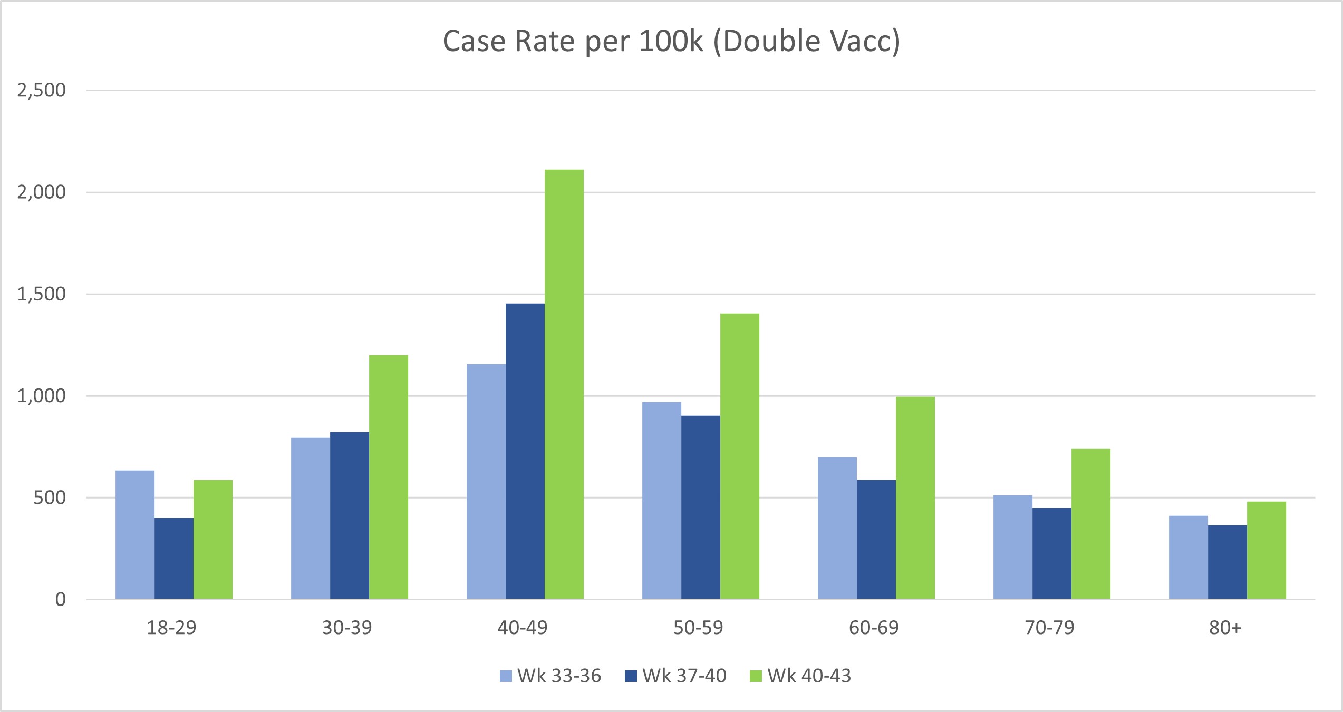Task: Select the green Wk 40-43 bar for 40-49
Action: pyautogui.click(x=564, y=384)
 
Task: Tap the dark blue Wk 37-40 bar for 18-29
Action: pyautogui.click(x=174, y=558)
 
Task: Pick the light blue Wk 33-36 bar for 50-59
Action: pyautogui.click(x=661, y=500)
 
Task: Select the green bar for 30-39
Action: pyautogui.click(x=388, y=477)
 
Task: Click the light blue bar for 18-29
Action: pyautogui.click(x=135, y=534)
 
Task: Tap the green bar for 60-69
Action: pyautogui.click(x=915, y=498)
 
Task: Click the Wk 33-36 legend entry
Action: pyautogui.click(x=550, y=676)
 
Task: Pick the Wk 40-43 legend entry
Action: pyautogui.click(x=800, y=676)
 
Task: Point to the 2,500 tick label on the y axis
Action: pyautogui.click(x=42, y=91)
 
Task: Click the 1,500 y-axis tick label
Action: pyautogui.click(x=42, y=294)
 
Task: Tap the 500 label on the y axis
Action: pyautogui.click(x=50, y=498)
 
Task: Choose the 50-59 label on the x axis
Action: pyautogui.click(x=698, y=628)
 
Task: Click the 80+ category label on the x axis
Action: pyautogui.click(x=1225, y=628)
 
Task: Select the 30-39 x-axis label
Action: pyautogui.click(x=347, y=628)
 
